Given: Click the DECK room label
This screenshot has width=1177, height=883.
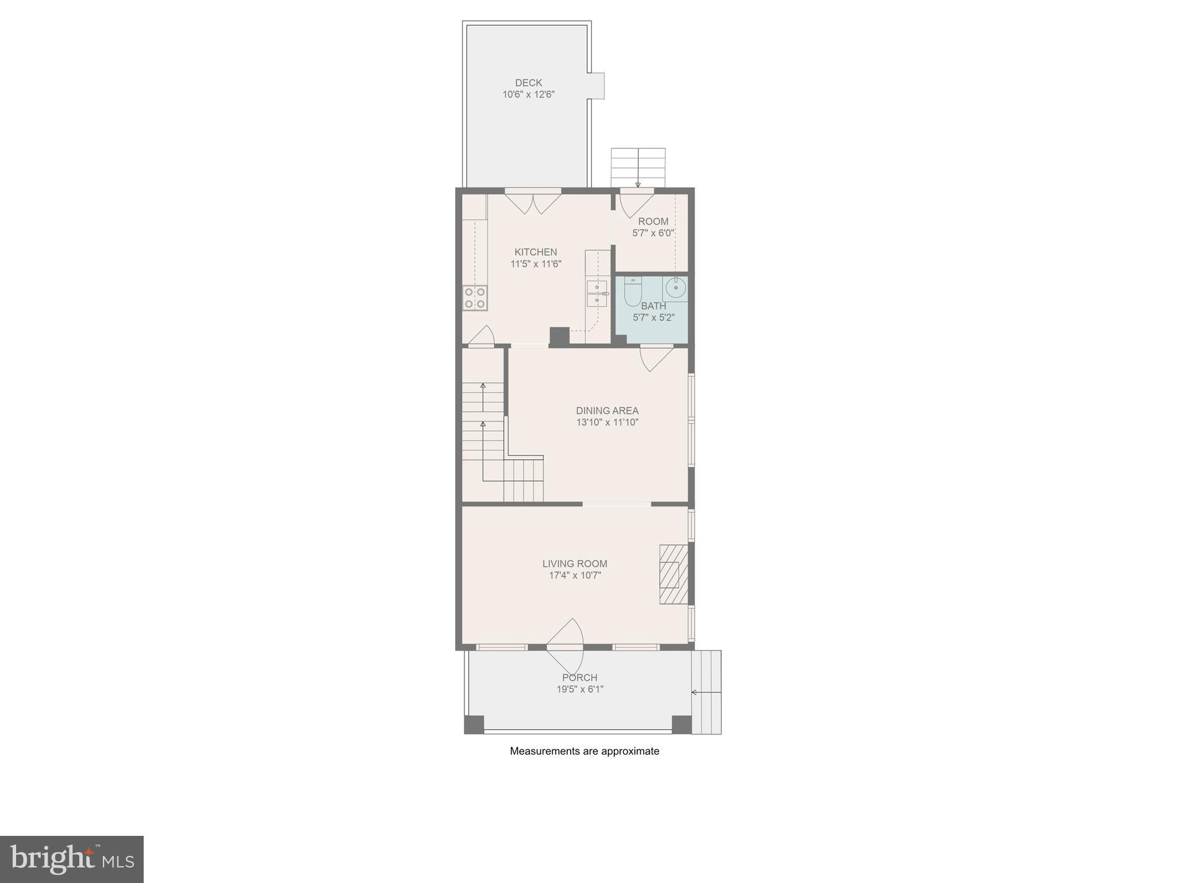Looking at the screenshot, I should (x=528, y=83).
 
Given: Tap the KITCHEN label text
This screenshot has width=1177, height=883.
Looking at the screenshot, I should (x=535, y=252).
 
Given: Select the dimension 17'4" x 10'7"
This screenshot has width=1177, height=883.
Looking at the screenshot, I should (x=575, y=575).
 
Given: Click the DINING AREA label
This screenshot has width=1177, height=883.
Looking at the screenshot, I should (x=607, y=410).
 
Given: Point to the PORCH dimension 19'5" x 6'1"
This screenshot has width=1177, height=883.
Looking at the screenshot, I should (x=580, y=689).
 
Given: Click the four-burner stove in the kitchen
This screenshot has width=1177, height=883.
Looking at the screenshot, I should (x=475, y=298).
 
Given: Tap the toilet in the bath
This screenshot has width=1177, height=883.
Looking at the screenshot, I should (x=632, y=293).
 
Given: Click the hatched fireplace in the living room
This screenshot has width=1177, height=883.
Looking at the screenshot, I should (x=673, y=574).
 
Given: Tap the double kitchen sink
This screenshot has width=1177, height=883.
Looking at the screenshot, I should (x=597, y=293).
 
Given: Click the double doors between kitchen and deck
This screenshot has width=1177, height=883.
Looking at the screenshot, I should (x=533, y=203).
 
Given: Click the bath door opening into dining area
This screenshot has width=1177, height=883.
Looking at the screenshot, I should (x=656, y=358).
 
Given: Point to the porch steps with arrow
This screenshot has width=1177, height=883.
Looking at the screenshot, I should (x=706, y=692).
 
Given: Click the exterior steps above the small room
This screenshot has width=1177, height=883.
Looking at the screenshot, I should (x=638, y=167).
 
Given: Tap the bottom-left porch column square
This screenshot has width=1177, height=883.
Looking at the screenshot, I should (x=474, y=724).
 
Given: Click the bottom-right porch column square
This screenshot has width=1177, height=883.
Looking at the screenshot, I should (x=682, y=724).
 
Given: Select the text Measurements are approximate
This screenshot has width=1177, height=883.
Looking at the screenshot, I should (x=584, y=751).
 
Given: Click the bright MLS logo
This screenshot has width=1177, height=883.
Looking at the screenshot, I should (x=72, y=859).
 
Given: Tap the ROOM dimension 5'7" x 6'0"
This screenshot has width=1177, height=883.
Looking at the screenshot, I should (x=653, y=233).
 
